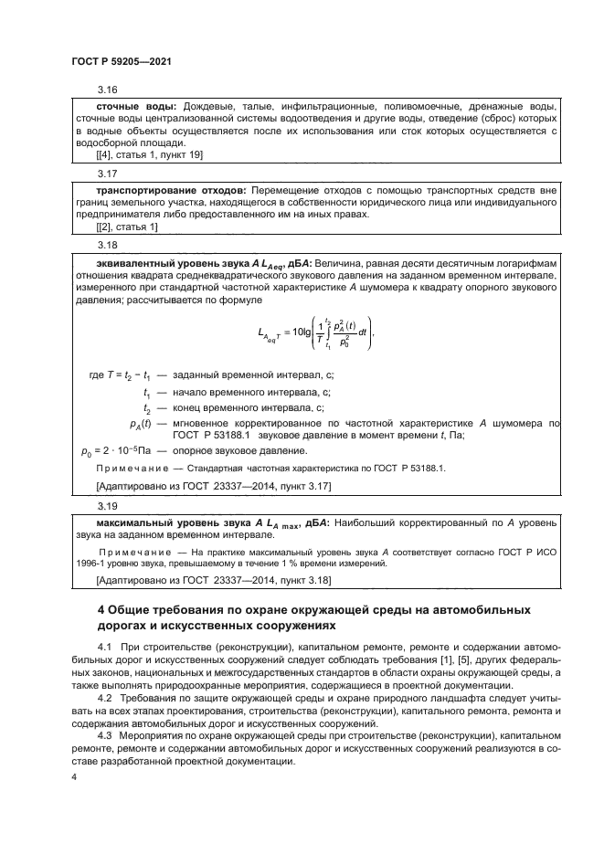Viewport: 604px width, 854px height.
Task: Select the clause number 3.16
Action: tap(108, 90)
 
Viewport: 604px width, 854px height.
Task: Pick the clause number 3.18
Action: tap(108, 246)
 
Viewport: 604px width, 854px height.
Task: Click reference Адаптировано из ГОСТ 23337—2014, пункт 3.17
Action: tap(214, 486)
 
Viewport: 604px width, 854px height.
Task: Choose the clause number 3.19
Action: tap(108, 503)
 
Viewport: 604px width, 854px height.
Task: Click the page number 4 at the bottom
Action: tap(74, 776)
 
